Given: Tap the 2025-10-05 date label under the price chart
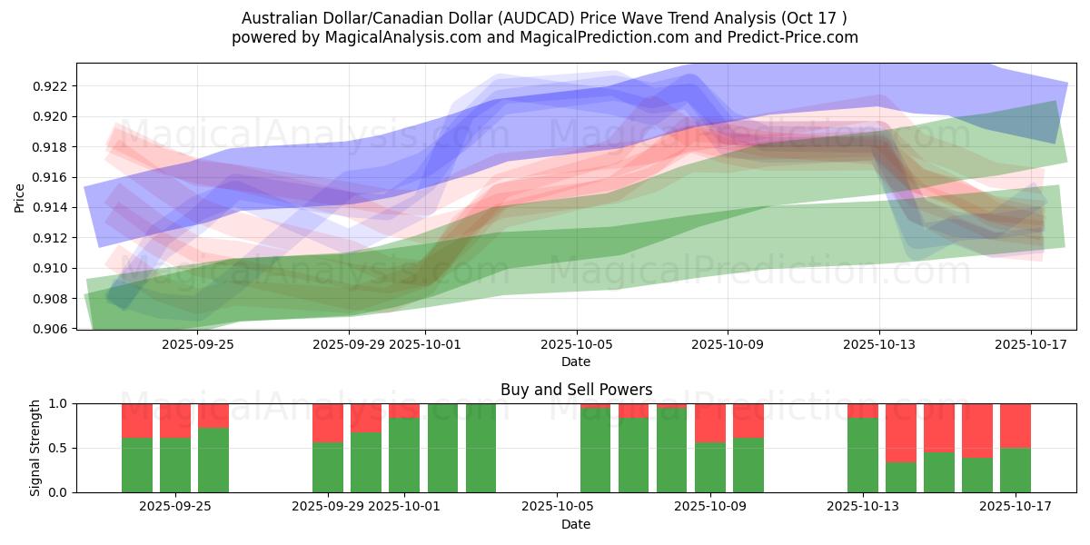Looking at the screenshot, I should [x=576, y=344].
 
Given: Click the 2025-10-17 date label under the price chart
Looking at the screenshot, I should [x=1030, y=344].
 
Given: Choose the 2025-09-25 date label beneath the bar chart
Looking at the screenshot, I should [x=175, y=507].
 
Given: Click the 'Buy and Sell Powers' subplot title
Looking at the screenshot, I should [x=576, y=390].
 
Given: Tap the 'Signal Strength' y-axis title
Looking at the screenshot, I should [x=35, y=447].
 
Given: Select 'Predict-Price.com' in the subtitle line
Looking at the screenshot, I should [x=795, y=37].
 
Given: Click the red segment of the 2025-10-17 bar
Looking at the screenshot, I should [x=1016, y=425].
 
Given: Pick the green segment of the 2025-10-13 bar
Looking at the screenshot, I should [x=863, y=454].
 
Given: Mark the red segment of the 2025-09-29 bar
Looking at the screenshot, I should [x=328, y=422].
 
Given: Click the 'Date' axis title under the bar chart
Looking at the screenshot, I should [x=576, y=524].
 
